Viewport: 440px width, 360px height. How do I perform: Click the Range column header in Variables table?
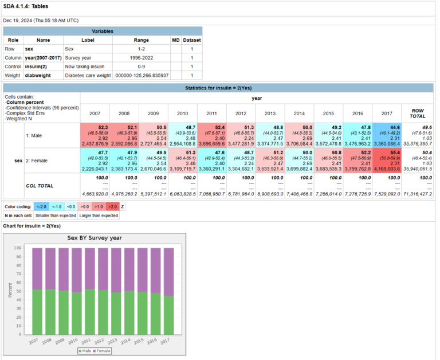(x=141, y=40)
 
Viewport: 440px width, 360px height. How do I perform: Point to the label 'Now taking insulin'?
(x=85, y=66)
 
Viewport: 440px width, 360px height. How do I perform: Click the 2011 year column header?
(x=211, y=113)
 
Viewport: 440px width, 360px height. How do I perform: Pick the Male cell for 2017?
(x=387, y=135)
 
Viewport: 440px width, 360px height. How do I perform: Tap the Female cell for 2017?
(x=387, y=161)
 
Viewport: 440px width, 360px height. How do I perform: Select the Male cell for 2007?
(x=95, y=135)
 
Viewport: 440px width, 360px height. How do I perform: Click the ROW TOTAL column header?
(x=418, y=113)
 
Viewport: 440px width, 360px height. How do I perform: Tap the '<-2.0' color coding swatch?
(x=41, y=206)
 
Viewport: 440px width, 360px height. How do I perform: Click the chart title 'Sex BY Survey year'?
(x=95, y=237)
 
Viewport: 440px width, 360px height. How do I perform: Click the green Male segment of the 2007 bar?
(x=37, y=312)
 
